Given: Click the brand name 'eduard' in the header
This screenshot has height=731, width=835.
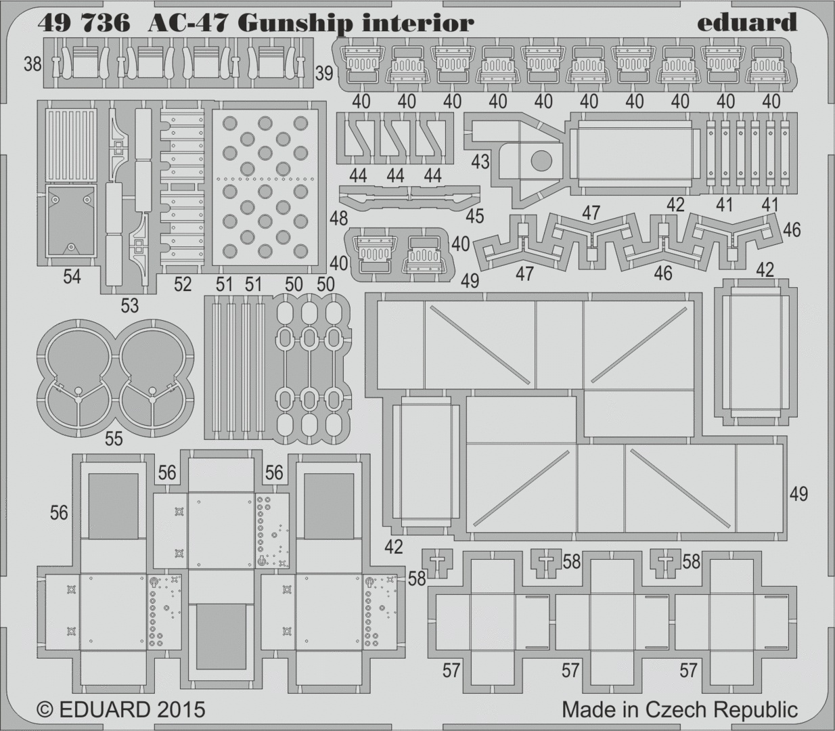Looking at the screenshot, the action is tap(746, 22).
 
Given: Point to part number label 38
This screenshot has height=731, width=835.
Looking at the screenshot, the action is tap(32, 64).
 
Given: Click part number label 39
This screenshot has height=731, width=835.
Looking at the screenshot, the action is tap(324, 74).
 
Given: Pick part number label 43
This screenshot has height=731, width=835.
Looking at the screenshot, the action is tap(480, 162).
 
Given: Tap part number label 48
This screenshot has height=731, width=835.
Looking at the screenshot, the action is tap(339, 219).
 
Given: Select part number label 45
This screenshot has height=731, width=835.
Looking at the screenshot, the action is tap(474, 215).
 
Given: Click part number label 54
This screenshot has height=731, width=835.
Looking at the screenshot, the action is tap(72, 277).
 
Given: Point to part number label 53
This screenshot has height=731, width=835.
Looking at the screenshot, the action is tap(129, 305).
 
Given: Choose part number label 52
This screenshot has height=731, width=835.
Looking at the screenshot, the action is tap(183, 284).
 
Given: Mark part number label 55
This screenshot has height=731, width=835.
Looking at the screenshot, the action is tap(114, 439).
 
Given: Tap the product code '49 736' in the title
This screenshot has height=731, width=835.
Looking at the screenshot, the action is tap(84, 24).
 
